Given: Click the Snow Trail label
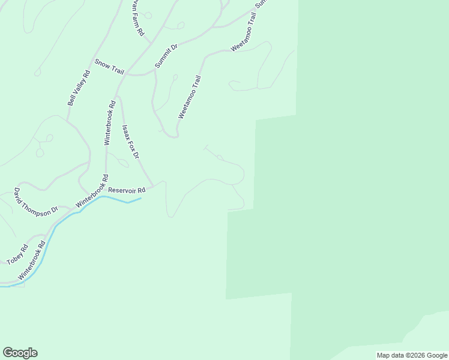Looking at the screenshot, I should (109, 67).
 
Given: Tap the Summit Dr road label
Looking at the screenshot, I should (167, 55).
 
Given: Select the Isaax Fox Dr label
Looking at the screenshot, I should (130, 142).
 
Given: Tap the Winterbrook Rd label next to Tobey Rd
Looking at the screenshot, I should (32, 260).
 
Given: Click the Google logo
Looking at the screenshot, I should (20, 353).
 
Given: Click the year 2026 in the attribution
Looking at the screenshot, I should (418, 355).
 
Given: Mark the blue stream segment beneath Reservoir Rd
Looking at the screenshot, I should (120, 199).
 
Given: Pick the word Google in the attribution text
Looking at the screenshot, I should (437, 355).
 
